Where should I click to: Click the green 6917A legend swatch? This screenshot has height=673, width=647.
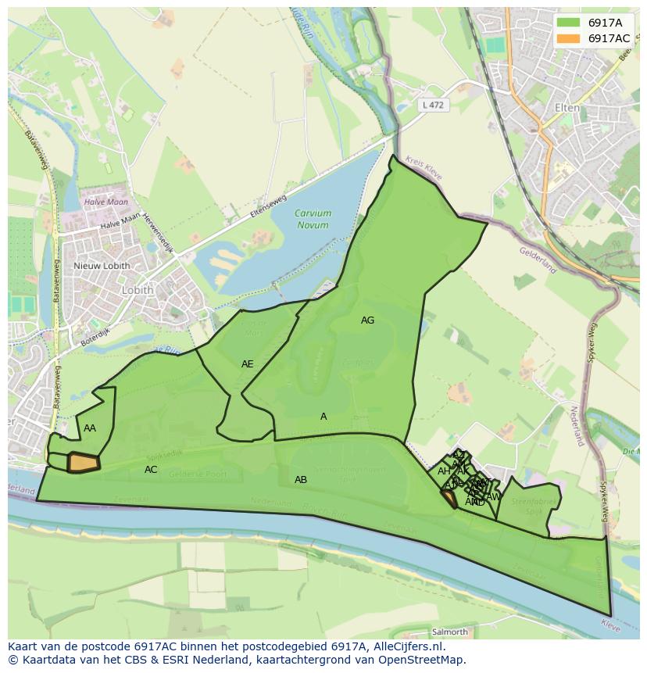click(568, 23)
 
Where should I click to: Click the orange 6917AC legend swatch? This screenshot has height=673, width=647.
click(568, 38)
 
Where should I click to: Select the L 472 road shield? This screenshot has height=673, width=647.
click(432, 104)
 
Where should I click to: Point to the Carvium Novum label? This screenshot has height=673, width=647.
click(313, 219)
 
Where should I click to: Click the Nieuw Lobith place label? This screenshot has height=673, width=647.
click(102, 266)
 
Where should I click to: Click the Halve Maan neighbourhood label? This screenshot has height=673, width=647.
click(105, 202)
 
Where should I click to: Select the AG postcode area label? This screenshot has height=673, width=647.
click(367, 320)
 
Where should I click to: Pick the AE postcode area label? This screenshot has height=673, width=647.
click(247, 364)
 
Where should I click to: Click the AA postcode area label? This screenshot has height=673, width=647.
click(90, 428)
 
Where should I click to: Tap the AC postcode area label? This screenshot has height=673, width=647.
click(151, 470)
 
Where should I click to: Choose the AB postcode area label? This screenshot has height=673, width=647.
click(301, 480)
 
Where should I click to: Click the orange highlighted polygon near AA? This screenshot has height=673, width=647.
click(84, 463)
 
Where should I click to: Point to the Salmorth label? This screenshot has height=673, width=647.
click(449, 632)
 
